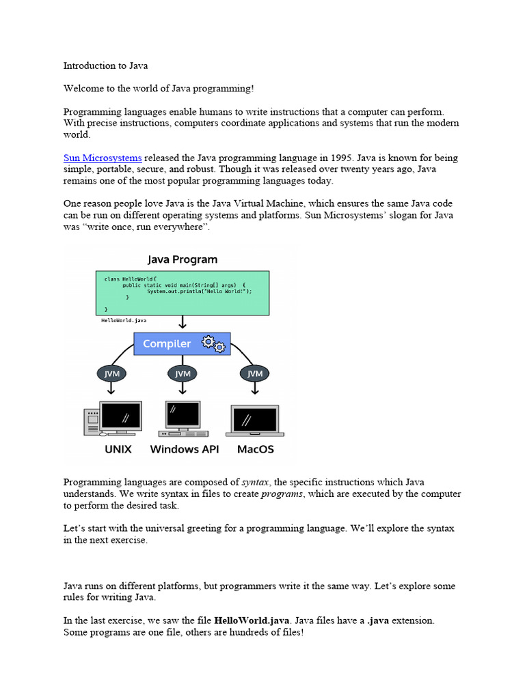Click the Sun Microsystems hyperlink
click(103, 158)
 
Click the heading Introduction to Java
click(105, 66)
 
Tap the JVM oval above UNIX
click(111, 373)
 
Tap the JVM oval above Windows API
click(183, 373)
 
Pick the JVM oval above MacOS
click(254, 373)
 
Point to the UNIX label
click(118, 449)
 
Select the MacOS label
click(255, 449)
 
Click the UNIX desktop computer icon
click(113, 418)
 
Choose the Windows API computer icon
click(183, 418)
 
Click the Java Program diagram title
click(183, 259)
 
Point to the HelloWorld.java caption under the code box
click(124, 319)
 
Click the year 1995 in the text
click(327, 158)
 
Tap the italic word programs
click(282, 494)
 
